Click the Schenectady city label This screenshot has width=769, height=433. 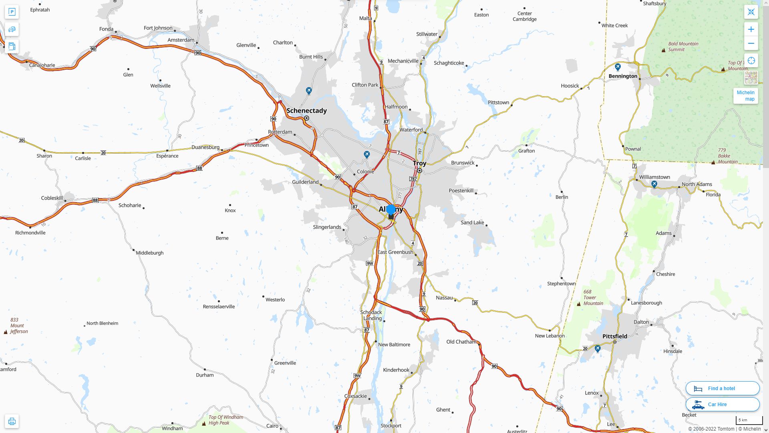(306, 111)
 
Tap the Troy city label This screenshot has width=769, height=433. (419, 163)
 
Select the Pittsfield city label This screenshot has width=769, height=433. (615, 336)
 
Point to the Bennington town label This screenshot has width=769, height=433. (623, 76)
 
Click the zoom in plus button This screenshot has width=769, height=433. (751, 29)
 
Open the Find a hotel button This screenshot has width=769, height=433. (723, 388)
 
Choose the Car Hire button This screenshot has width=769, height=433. (723, 405)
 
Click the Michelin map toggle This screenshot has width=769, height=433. (745, 96)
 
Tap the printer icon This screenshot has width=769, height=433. (12, 421)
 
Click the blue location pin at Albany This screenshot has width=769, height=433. (391, 209)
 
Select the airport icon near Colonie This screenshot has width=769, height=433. (366, 154)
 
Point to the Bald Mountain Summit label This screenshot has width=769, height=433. (683, 47)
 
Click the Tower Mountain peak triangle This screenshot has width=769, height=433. (579, 304)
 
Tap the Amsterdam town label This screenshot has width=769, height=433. (181, 40)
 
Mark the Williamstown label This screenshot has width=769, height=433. (654, 177)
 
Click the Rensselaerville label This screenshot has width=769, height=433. (219, 307)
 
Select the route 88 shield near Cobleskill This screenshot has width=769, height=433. (95, 200)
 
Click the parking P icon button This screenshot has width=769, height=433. (12, 12)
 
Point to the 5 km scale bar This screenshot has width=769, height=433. (749, 421)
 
